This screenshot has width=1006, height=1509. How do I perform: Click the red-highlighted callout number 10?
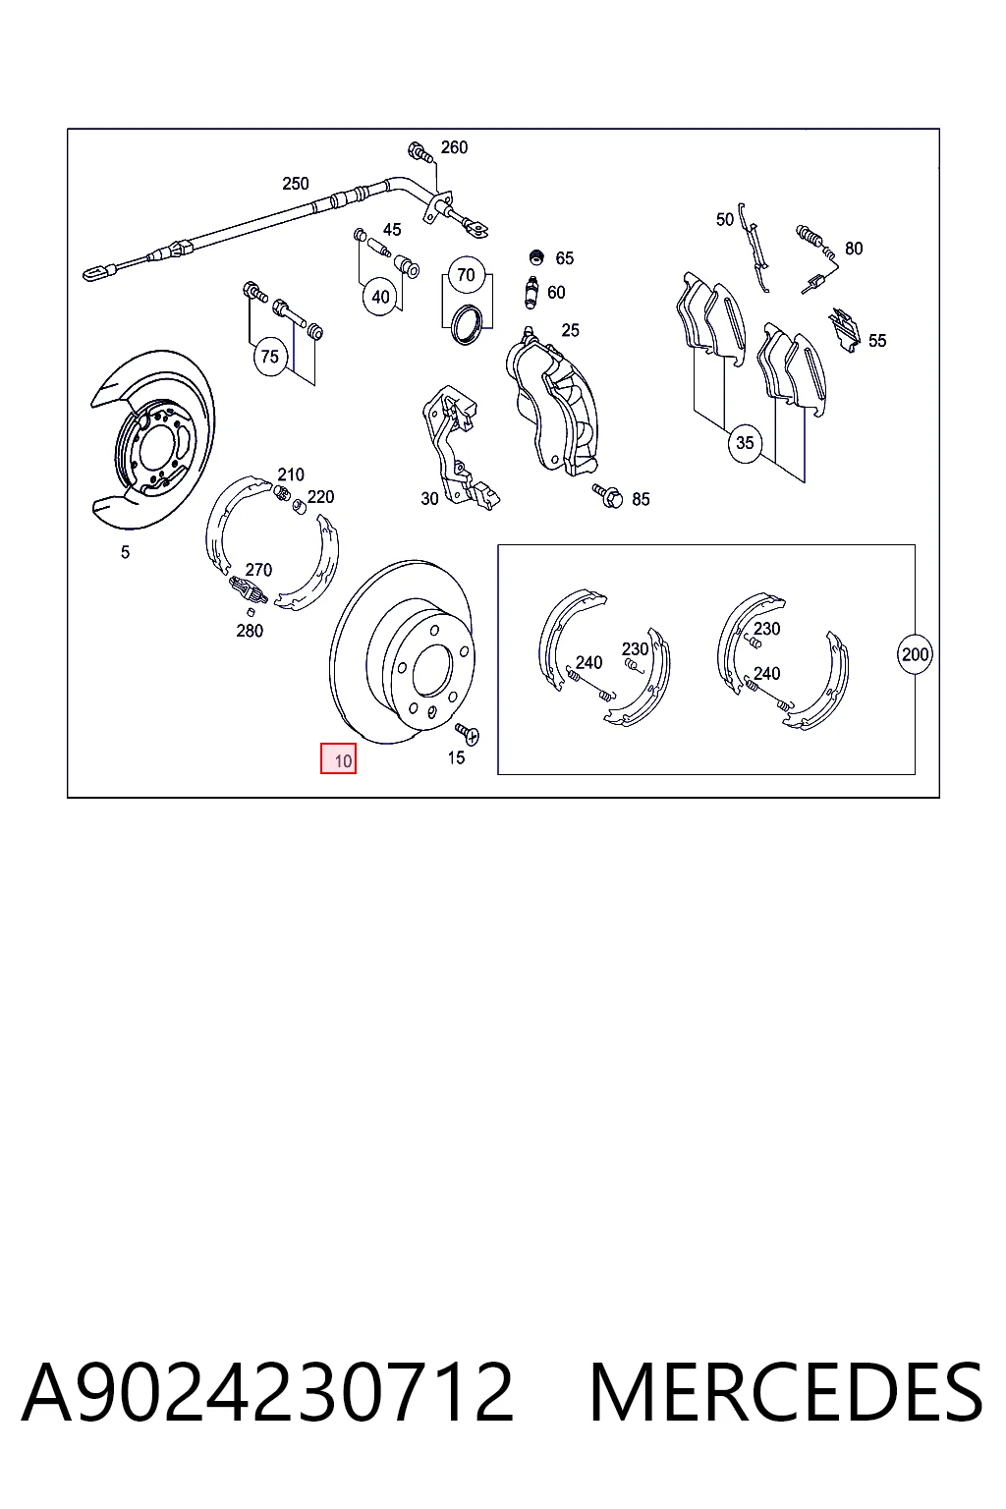pyautogui.click(x=338, y=758)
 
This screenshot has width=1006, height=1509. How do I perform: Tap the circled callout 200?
pyautogui.click(x=915, y=654)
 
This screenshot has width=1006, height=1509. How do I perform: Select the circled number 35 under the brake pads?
pyautogui.click(x=745, y=443)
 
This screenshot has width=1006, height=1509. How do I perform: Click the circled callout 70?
pyautogui.click(x=466, y=275)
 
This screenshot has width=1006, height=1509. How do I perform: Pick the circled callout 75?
pyautogui.click(x=269, y=357)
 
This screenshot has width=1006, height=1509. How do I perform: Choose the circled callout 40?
pyautogui.click(x=381, y=297)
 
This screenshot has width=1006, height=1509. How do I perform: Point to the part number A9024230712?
pyautogui.click(x=267, y=1392)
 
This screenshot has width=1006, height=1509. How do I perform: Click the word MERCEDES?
pyautogui.click(x=786, y=1392)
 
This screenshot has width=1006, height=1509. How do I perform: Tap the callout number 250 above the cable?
pyautogui.click(x=295, y=184)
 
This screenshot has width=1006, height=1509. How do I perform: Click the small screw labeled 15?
pyautogui.click(x=468, y=734)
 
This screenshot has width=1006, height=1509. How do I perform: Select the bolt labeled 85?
pyautogui.click(x=608, y=496)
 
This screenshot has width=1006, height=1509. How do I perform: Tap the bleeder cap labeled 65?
pyautogui.click(x=536, y=256)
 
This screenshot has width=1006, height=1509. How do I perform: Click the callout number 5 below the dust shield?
pyautogui.click(x=125, y=552)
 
